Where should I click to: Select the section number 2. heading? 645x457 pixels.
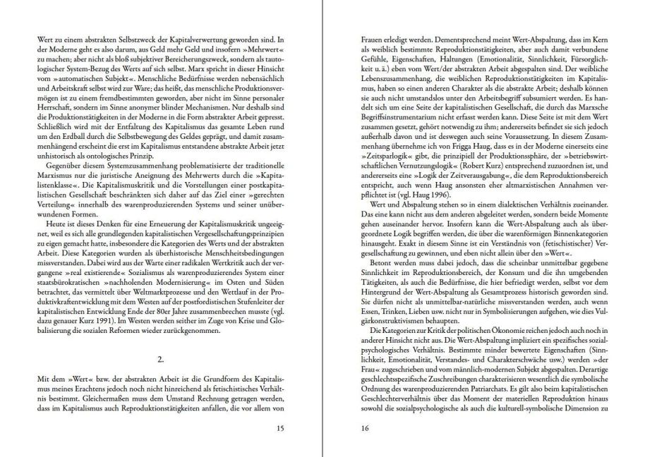[161, 359]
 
